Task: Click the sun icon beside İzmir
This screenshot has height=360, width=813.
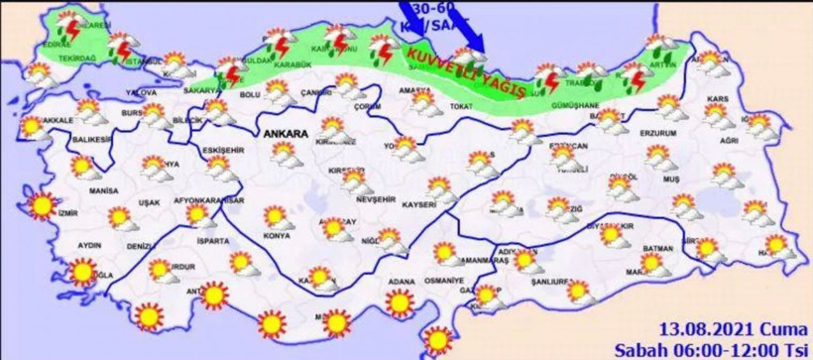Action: coord(41,204)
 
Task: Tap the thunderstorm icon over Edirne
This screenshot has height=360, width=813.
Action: coord(67,22)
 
